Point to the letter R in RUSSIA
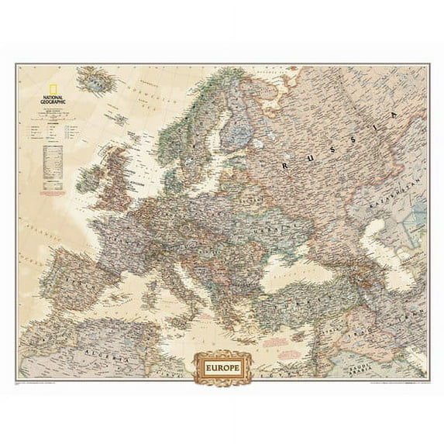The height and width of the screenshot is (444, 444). pos(287,164)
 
